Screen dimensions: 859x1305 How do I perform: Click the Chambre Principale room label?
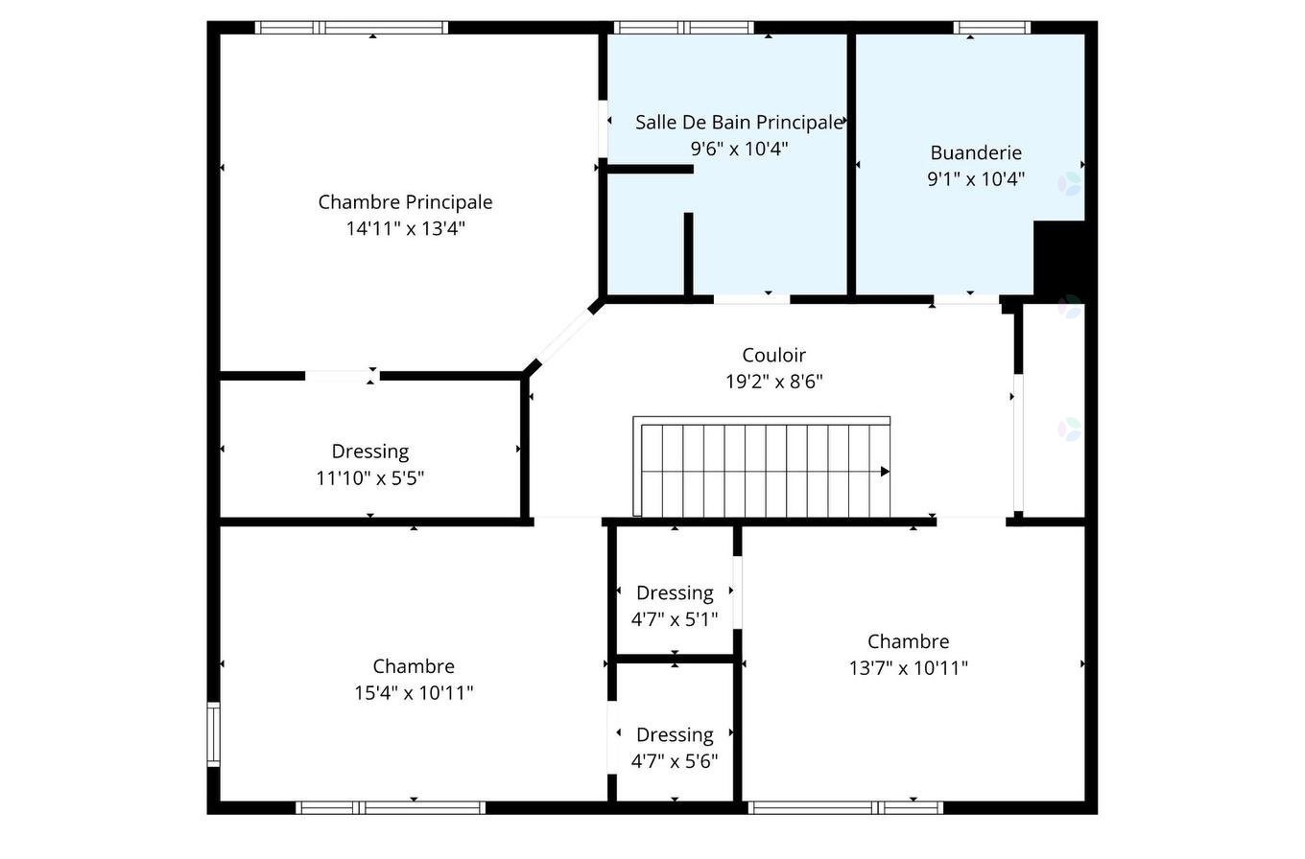(405, 202)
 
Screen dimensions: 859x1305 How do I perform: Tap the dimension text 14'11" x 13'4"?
(405, 228)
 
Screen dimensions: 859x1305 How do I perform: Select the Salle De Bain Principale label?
(739, 123)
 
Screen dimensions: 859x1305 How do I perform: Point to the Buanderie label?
(976, 152)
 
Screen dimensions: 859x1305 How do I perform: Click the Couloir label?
(773, 356)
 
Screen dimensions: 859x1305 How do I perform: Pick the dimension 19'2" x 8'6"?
(773, 382)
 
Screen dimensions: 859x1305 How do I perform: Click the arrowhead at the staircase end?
(885, 472)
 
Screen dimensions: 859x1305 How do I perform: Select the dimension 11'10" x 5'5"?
(370, 477)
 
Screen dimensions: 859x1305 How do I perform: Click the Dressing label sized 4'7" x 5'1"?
(675, 592)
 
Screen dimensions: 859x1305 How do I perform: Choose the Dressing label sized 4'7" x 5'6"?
(675, 734)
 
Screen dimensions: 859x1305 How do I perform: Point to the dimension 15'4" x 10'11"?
(414, 692)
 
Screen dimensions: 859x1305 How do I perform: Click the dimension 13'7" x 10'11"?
(908, 668)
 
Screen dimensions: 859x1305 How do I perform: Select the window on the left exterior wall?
(213, 734)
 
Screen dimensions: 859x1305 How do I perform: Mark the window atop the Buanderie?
(992, 28)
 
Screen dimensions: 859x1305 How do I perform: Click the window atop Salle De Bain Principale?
(683, 28)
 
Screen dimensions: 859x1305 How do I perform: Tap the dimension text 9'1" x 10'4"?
(976, 178)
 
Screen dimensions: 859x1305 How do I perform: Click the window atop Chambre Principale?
(351, 28)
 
